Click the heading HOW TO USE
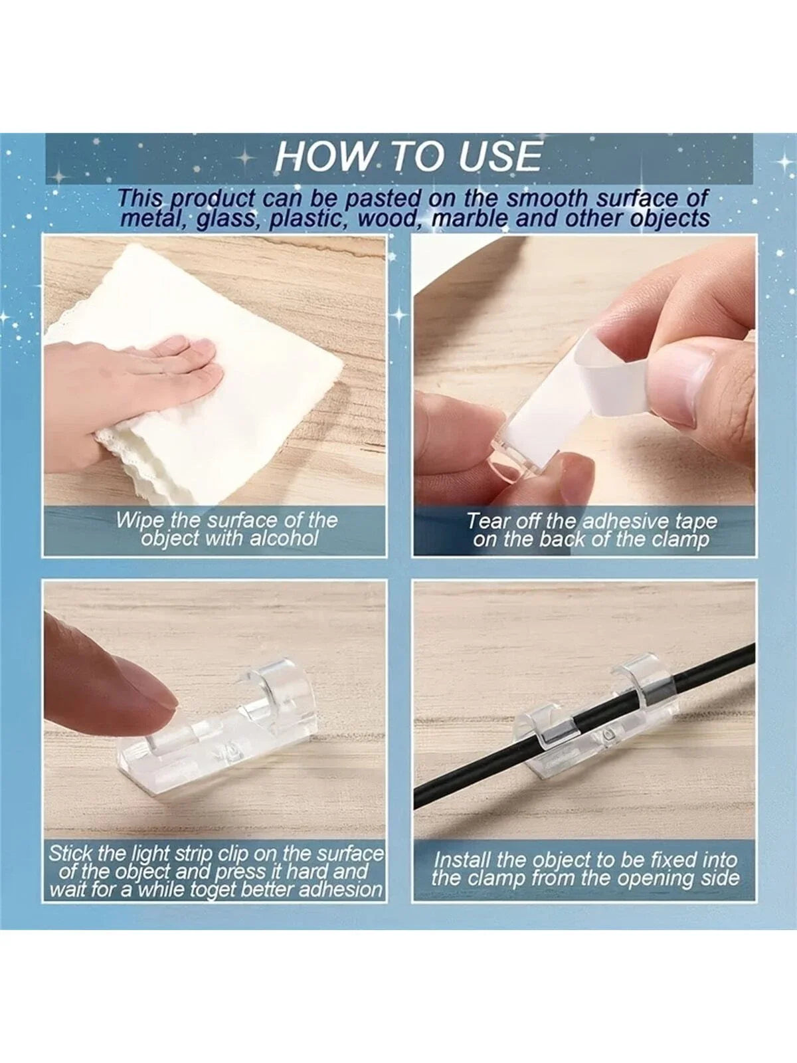(408, 157)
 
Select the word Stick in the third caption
(73, 854)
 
